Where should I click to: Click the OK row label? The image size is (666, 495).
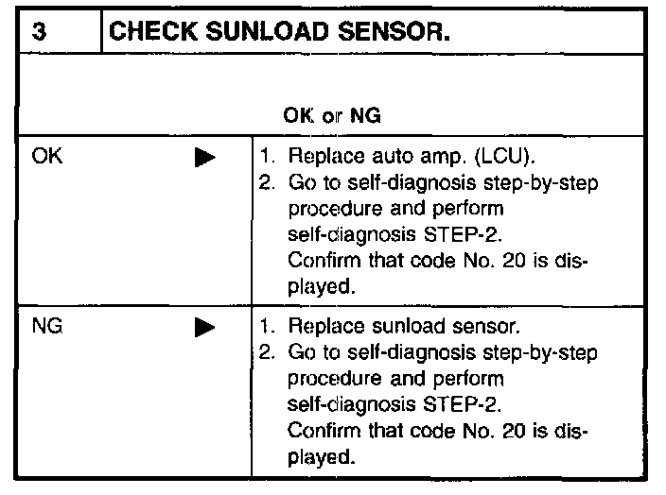44,158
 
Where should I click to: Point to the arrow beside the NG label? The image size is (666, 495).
204,331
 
